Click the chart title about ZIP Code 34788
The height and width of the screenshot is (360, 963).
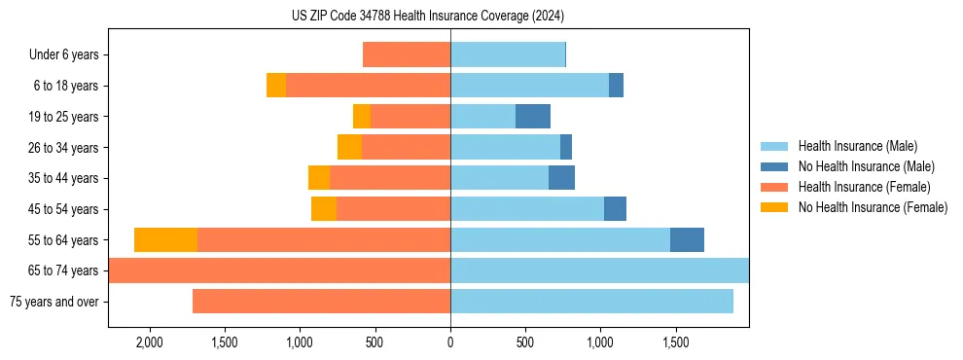pos(428,16)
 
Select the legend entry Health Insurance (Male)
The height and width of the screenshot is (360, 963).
pos(856,146)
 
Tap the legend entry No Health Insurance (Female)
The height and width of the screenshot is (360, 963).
pos(872,207)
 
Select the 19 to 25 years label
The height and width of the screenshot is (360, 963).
pos(65,117)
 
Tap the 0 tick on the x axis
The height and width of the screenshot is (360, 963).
pos(450,343)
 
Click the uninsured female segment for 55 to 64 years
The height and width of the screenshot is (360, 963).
pos(165,239)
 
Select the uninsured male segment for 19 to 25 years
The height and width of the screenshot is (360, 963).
pos(533,117)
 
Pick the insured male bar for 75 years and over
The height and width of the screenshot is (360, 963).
pos(591,302)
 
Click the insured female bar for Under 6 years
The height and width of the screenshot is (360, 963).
pos(407,55)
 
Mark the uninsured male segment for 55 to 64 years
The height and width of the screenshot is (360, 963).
pos(687,239)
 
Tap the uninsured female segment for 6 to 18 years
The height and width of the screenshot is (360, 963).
pos(276,86)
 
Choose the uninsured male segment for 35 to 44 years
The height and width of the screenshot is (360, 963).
pos(561,178)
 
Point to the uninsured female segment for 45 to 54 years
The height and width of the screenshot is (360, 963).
pos(324,209)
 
